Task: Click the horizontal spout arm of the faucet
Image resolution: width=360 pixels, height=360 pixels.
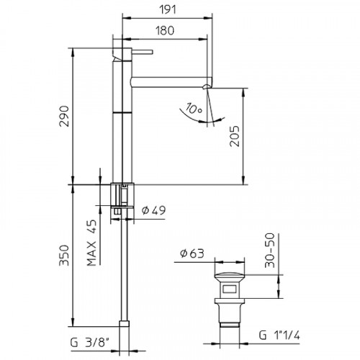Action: [x=169, y=75]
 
